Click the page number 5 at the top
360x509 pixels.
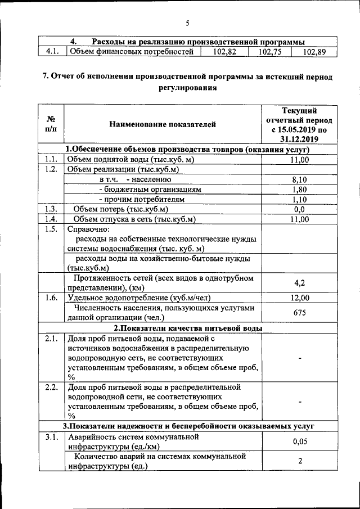[187, 23]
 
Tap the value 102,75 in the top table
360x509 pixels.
[269, 52]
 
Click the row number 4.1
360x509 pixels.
[51, 52]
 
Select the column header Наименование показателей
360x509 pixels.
[163, 124]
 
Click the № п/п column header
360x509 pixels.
[51, 124]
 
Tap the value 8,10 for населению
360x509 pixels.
[300, 179]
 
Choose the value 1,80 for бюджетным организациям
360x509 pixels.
[300, 190]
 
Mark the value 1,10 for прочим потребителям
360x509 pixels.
[300, 200]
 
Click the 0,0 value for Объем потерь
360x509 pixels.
[300, 210]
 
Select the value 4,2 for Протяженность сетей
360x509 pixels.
[300, 283]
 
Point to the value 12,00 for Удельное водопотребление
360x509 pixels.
[300, 298]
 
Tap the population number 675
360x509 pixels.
[300, 313]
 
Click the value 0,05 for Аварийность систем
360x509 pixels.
[300, 442]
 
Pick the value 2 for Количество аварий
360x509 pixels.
[300, 461]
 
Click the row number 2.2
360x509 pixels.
[51, 388]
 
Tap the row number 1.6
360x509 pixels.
[51, 298]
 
